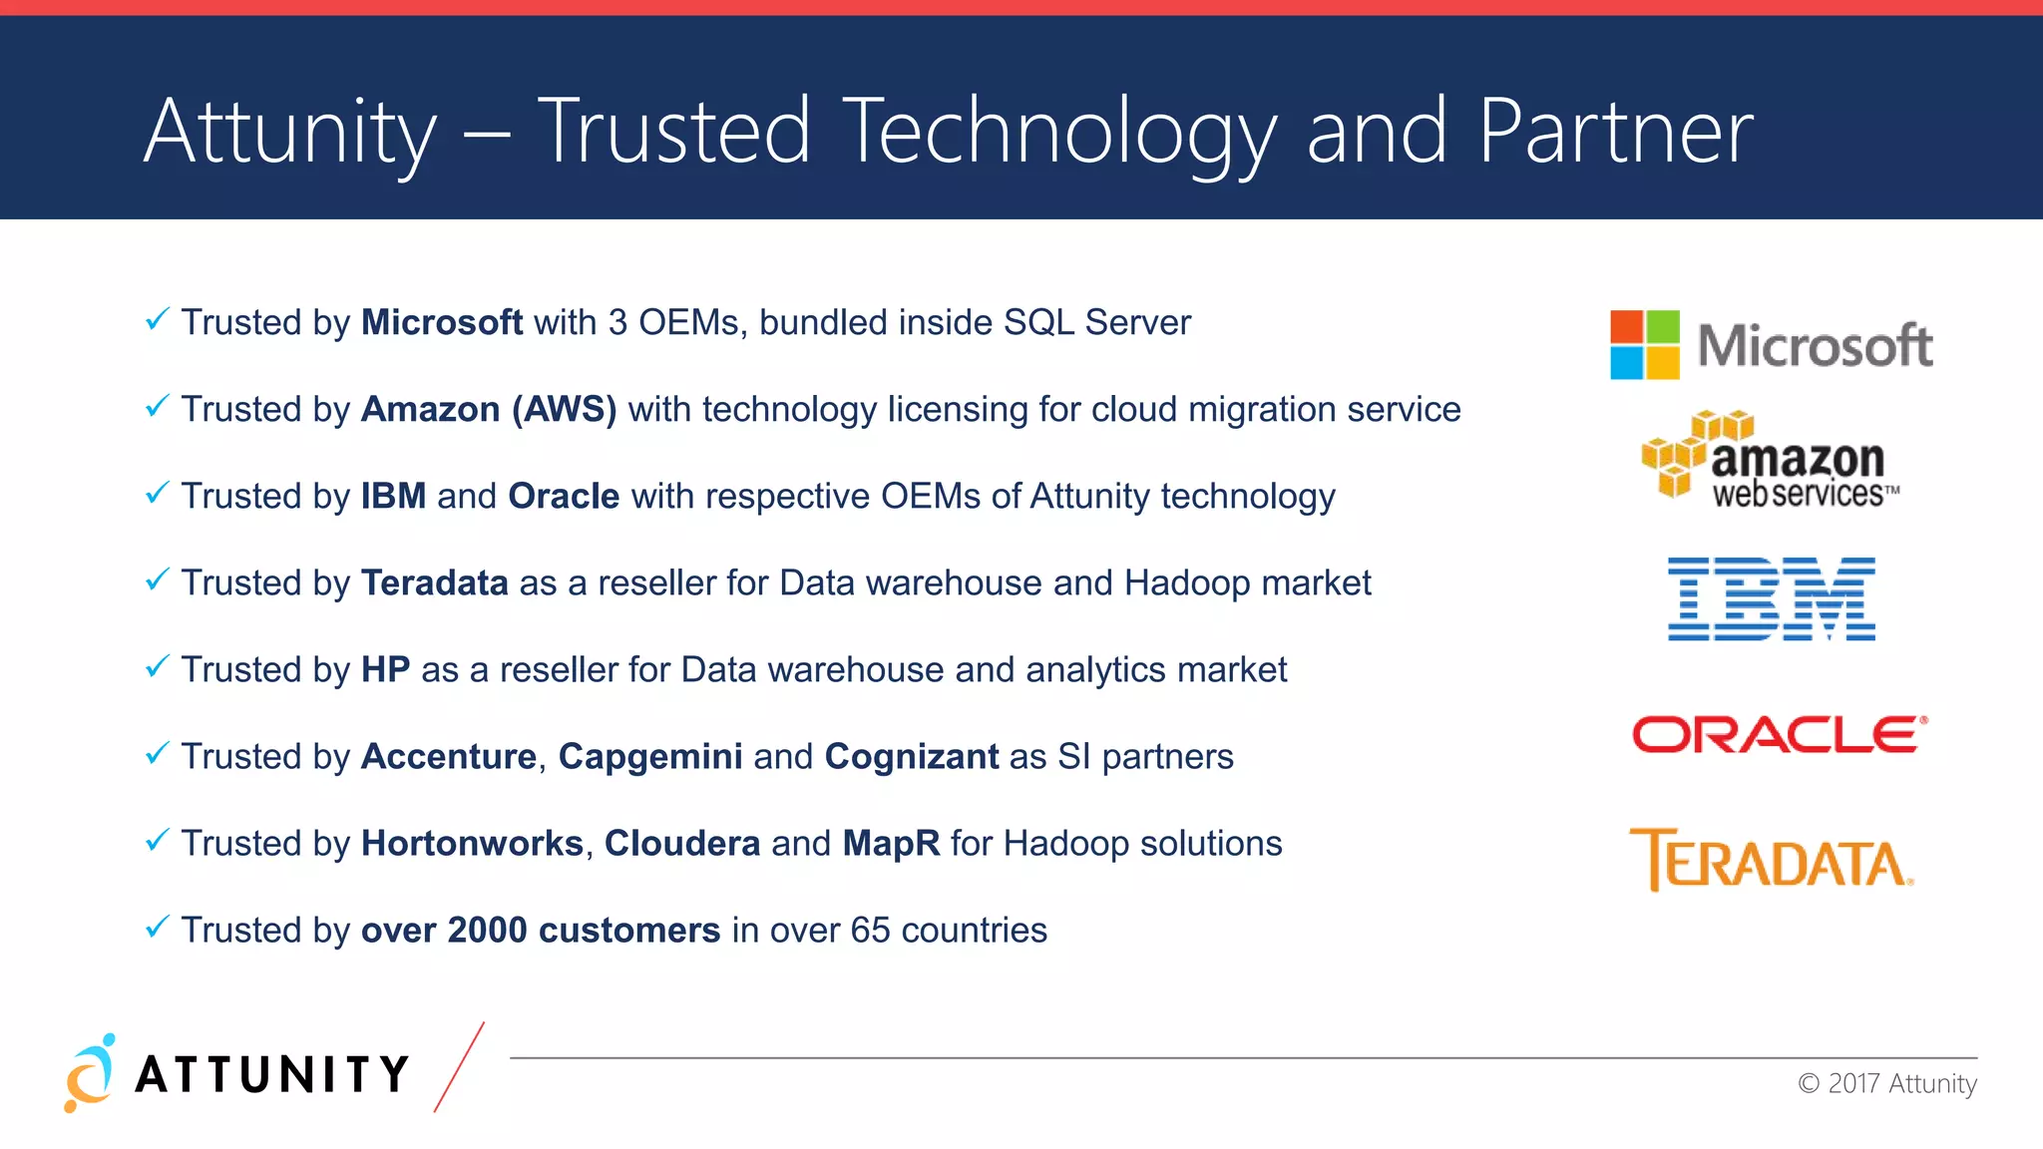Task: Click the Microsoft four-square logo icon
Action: point(1644,345)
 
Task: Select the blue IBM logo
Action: point(1772,598)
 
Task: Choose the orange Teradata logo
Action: point(1772,860)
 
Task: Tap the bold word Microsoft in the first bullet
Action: point(441,323)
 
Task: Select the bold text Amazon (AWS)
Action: point(489,410)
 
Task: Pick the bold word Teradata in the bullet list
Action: point(434,583)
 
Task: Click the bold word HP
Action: point(385,670)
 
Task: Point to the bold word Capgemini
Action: point(649,757)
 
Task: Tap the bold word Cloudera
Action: point(682,844)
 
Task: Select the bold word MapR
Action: point(891,844)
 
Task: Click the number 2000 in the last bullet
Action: point(487,931)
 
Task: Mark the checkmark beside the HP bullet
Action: point(157,666)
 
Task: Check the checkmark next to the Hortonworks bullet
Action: point(157,840)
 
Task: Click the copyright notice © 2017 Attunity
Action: point(1886,1084)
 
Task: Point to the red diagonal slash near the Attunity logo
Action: point(459,1067)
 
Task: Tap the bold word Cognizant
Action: point(911,757)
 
